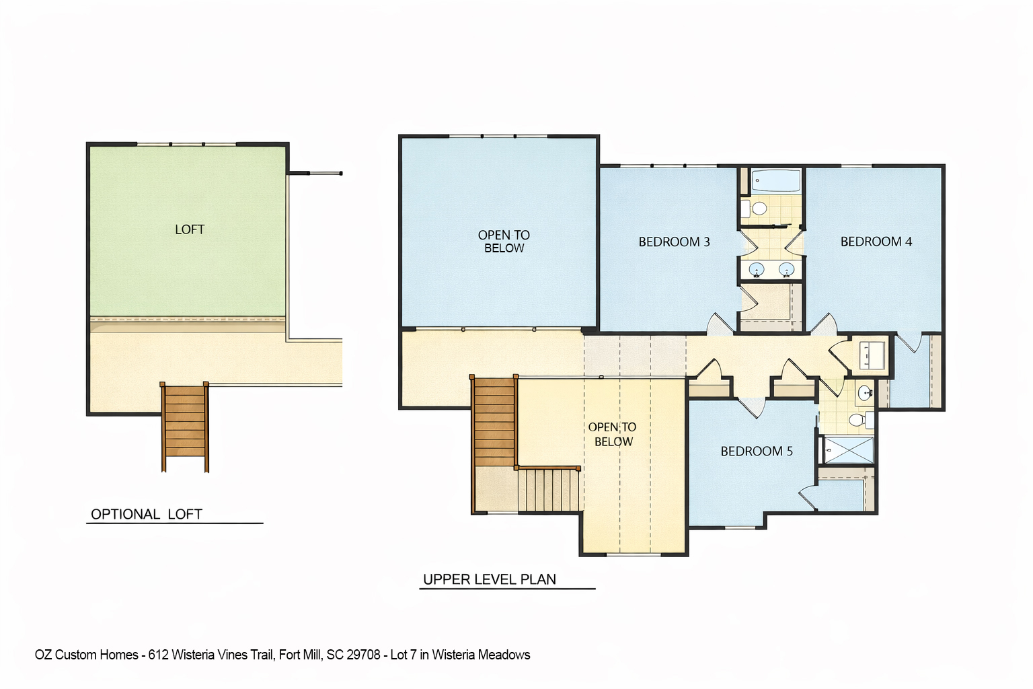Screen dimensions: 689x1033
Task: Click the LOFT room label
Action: (189, 229)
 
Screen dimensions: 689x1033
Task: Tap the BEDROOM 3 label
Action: (674, 242)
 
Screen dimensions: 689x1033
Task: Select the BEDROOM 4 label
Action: (876, 242)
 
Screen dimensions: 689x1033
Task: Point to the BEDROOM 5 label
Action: (757, 451)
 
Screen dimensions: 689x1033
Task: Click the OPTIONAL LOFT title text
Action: (147, 514)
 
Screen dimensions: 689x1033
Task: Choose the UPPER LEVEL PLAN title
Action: (489, 579)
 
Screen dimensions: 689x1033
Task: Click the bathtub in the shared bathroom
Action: (775, 181)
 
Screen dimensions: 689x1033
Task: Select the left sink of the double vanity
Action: (757, 270)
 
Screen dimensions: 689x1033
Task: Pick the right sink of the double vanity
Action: (786, 270)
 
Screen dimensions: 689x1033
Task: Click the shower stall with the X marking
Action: (848, 450)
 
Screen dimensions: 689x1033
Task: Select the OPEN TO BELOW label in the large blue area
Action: (504, 242)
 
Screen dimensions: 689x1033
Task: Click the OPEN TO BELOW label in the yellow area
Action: (613, 434)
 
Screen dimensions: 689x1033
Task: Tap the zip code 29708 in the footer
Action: (363, 655)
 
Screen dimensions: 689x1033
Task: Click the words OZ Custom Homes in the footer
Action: (86, 655)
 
